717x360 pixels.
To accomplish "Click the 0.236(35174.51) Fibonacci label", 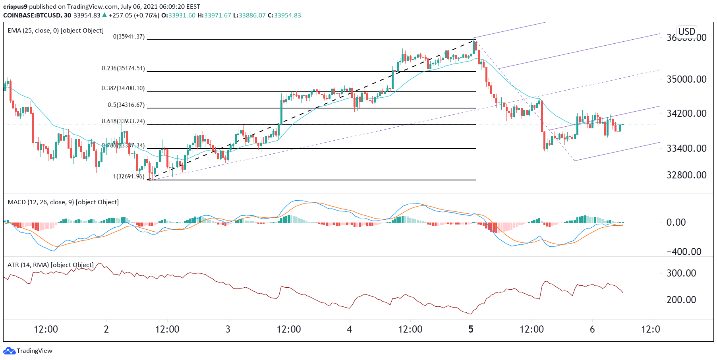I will (123, 68).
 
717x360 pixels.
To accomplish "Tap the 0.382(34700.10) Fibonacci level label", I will (123, 88).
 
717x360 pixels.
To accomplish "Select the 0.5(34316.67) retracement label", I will (126, 105).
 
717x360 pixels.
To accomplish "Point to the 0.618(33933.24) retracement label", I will (123, 121).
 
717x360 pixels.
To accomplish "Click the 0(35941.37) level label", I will (129, 37).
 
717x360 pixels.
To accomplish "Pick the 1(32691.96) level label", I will (129, 176).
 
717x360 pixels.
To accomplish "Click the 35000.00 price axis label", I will (686, 79).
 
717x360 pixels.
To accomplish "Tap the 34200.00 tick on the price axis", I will (686, 114).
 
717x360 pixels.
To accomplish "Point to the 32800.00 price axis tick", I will (686, 175).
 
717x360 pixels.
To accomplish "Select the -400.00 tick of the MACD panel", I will (684, 252).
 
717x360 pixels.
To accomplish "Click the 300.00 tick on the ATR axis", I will (681, 273).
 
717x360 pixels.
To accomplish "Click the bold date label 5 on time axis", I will (471, 329).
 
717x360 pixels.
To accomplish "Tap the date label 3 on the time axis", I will (228, 329).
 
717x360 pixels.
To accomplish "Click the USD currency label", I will (686, 31).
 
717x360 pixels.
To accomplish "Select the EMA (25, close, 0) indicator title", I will (56, 31).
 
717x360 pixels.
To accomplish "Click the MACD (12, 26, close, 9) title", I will (63, 202).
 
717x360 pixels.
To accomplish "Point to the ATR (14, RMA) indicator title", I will (50, 265).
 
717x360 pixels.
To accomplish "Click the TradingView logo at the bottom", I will (28, 351).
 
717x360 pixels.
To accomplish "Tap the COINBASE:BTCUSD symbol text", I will (32, 15).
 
